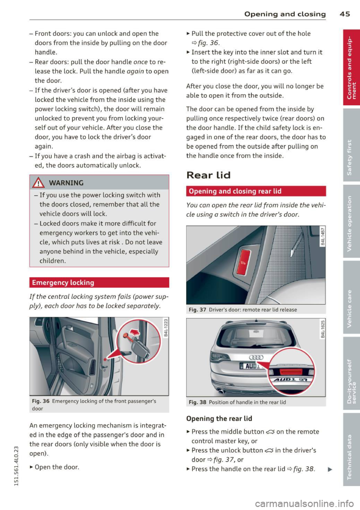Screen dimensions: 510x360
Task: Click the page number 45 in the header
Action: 345,14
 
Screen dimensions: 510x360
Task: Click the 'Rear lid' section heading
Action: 208,175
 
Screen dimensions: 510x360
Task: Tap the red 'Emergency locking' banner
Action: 99,283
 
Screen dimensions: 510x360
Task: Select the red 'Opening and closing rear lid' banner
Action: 256,191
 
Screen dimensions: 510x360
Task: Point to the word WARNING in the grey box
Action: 66,183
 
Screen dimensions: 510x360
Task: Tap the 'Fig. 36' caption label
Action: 40,401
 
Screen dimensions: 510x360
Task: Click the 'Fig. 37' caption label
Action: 197,310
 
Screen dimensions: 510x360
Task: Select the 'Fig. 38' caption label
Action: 197,402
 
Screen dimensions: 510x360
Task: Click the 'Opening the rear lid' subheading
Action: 219,419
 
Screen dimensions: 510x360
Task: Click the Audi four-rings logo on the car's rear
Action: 256,357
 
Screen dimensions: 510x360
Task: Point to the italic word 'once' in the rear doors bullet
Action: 140,62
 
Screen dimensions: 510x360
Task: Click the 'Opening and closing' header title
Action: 285,14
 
